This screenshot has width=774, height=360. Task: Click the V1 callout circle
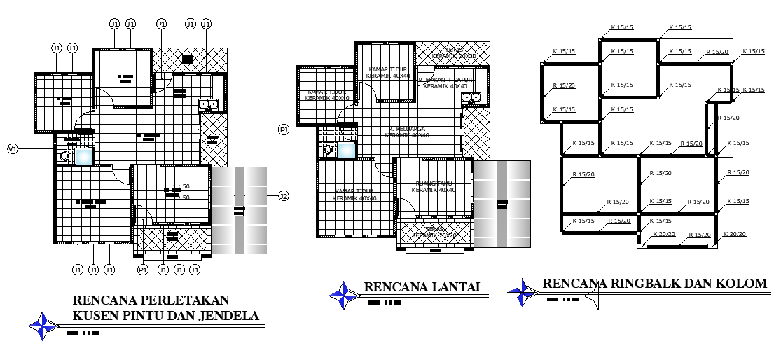[x=12, y=148]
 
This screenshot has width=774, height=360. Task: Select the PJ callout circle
[x=284, y=130]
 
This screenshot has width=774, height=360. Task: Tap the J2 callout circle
[x=284, y=195]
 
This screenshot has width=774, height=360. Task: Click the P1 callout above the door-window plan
[x=161, y=24]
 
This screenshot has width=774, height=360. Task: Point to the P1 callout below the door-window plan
[x=143, y=270]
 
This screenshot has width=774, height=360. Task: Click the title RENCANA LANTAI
[x=421, y=286]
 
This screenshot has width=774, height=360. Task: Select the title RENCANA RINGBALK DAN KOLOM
[x=654, y=283]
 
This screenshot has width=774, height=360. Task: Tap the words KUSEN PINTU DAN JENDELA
[x=166, y=316]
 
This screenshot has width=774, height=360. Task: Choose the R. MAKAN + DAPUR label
[x=446, y=83]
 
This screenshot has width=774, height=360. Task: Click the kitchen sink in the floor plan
[x=471, y=97]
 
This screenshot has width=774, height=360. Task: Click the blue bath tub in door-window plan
[x=84, y=156]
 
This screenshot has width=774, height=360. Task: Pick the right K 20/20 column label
[x=735, y=234]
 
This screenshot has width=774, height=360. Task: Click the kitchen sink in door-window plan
[x=209, y=104]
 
